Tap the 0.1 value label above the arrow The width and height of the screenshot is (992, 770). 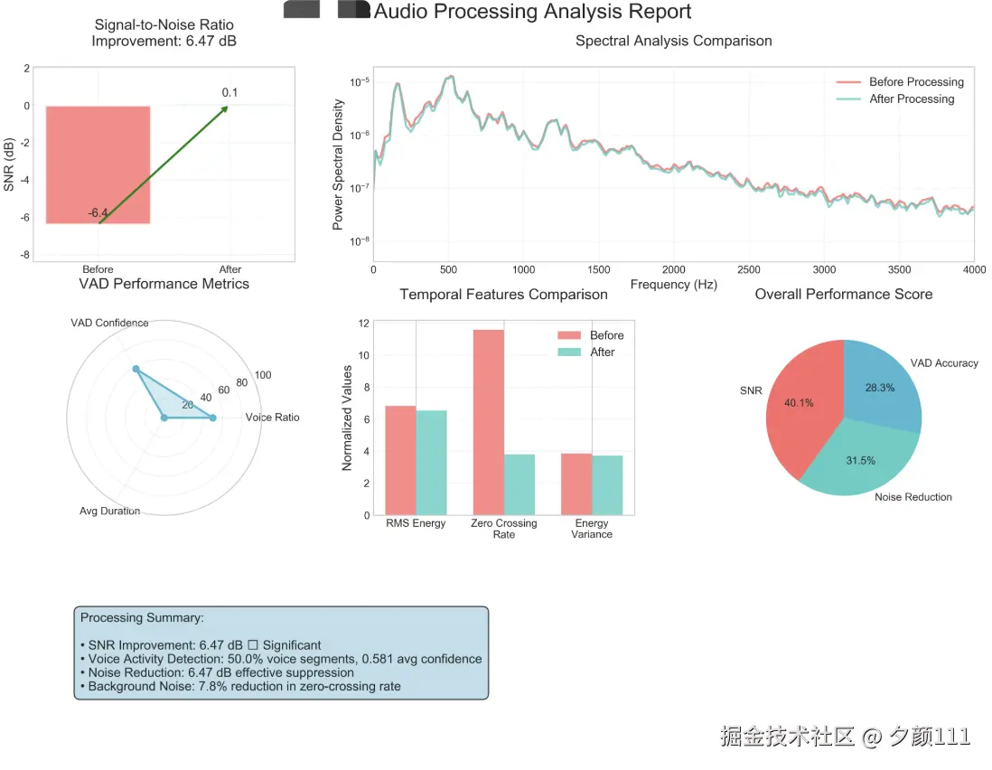click(x=229, y=92)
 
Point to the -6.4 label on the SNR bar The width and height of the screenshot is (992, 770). click(x=98, y=213)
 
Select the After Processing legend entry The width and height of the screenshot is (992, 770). click(x=911, y=99)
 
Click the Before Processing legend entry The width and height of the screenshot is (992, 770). click(x=915, y=81)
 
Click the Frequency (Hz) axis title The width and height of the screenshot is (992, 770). click(x=673, y=285)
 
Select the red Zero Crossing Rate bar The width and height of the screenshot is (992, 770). click(x=489, y=422)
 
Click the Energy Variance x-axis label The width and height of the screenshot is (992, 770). click(x=592, y=529)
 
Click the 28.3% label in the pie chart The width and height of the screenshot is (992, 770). click(x=879, y=388)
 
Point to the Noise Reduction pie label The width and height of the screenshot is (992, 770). click(x=912, y=497)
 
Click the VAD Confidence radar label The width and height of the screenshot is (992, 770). click(x=109, y=323)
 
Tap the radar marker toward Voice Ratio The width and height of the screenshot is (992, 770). click(x=212, y=418)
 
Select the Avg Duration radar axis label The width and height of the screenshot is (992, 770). click(x=109, y=512)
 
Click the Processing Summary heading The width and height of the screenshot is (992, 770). click(x=142, y=618)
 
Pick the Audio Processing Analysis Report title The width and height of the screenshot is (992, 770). click(x=532, y=12)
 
